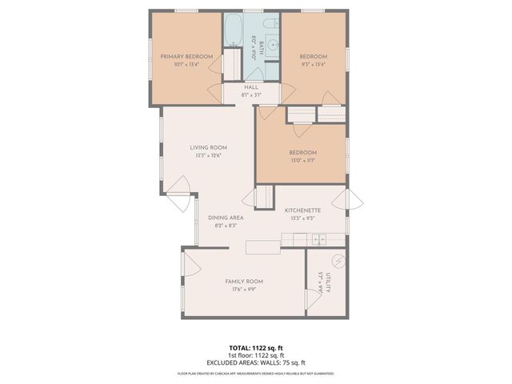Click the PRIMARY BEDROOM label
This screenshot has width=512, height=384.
(x=186, y=56)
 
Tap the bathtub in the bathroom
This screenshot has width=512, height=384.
(x=234, y=31)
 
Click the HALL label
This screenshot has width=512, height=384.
(x=251, y=87)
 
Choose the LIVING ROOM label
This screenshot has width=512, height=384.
(x=208, y=147)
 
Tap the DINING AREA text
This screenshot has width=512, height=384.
(x=226, y=218)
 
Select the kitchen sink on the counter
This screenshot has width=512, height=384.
(x=318, y=238)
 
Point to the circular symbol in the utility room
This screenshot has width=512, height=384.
(x=338, y=261)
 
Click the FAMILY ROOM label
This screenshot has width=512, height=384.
(x=244, y=282)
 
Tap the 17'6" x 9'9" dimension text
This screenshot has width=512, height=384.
(x=244, y=290)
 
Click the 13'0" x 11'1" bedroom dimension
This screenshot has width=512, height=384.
(x=303, y=161)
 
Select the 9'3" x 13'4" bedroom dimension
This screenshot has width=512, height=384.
(x=314, y=64)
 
